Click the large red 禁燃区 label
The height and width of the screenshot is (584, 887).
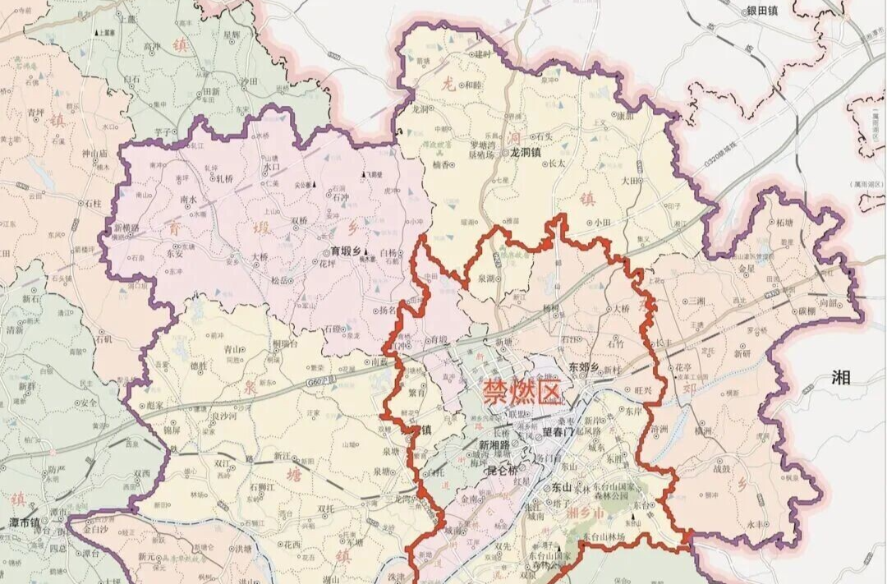pos(523,392)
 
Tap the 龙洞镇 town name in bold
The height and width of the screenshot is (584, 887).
pos(526,152)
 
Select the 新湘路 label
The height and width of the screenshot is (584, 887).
pos(495,446)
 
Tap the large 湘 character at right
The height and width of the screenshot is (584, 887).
pos(841,378)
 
